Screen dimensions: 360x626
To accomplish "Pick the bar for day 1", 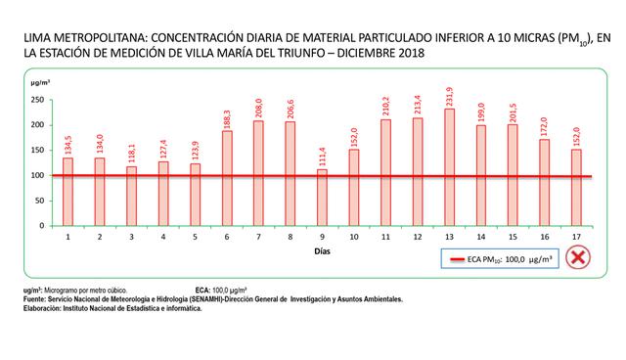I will point(67,192).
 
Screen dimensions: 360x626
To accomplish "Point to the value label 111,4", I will point(323,157).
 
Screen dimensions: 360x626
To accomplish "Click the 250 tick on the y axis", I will point(40,100).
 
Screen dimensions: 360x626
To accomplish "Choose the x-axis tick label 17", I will point(577,237).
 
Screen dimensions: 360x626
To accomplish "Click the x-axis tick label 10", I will point(354,237).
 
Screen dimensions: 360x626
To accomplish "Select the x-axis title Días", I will point(322,251).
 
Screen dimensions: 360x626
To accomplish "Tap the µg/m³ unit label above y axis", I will point(42,87).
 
